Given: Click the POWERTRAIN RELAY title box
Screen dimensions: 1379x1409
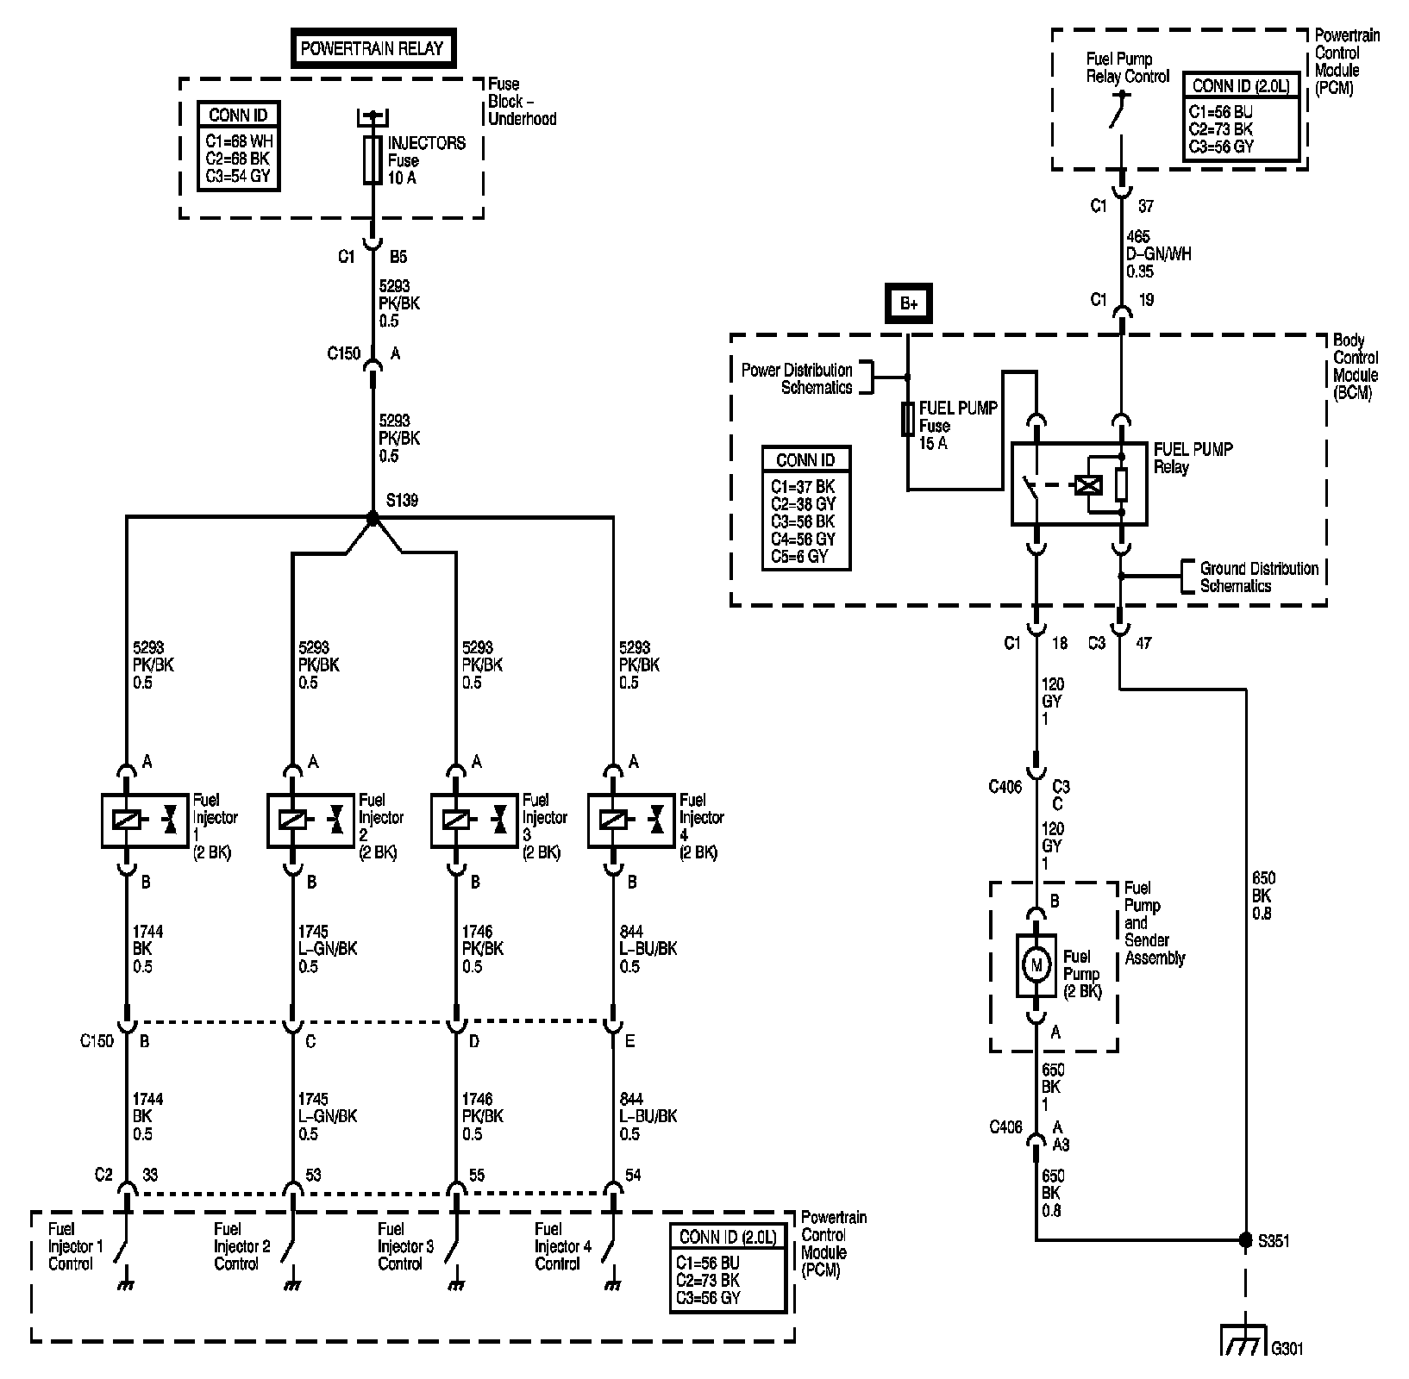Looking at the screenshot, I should click(372, 48).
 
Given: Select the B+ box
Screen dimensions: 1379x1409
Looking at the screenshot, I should click(908, 303).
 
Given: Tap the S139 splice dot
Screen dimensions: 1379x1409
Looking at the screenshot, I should click(373, 518).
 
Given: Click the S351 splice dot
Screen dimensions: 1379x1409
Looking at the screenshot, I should click(1245, 1239).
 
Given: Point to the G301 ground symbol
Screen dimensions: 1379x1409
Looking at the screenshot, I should click(1244, 1339).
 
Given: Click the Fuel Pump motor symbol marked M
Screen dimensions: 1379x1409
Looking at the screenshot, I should click(1036, 965).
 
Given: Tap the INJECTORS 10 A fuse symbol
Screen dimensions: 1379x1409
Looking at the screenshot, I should click(373, 159).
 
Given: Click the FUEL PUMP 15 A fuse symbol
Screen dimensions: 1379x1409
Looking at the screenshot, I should click(907, 420).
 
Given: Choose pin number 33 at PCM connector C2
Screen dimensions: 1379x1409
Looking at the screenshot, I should click(150, 1175).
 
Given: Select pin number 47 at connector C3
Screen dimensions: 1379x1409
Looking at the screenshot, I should click(1143, 643).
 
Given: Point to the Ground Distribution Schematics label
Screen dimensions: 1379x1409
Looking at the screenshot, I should click(1258, 577).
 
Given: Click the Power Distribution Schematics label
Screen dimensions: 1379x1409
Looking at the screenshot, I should click(797, 378).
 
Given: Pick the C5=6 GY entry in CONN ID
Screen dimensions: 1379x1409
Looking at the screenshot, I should click(798, 556).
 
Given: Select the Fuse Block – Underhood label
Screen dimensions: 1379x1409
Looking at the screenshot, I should click(522, 101).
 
